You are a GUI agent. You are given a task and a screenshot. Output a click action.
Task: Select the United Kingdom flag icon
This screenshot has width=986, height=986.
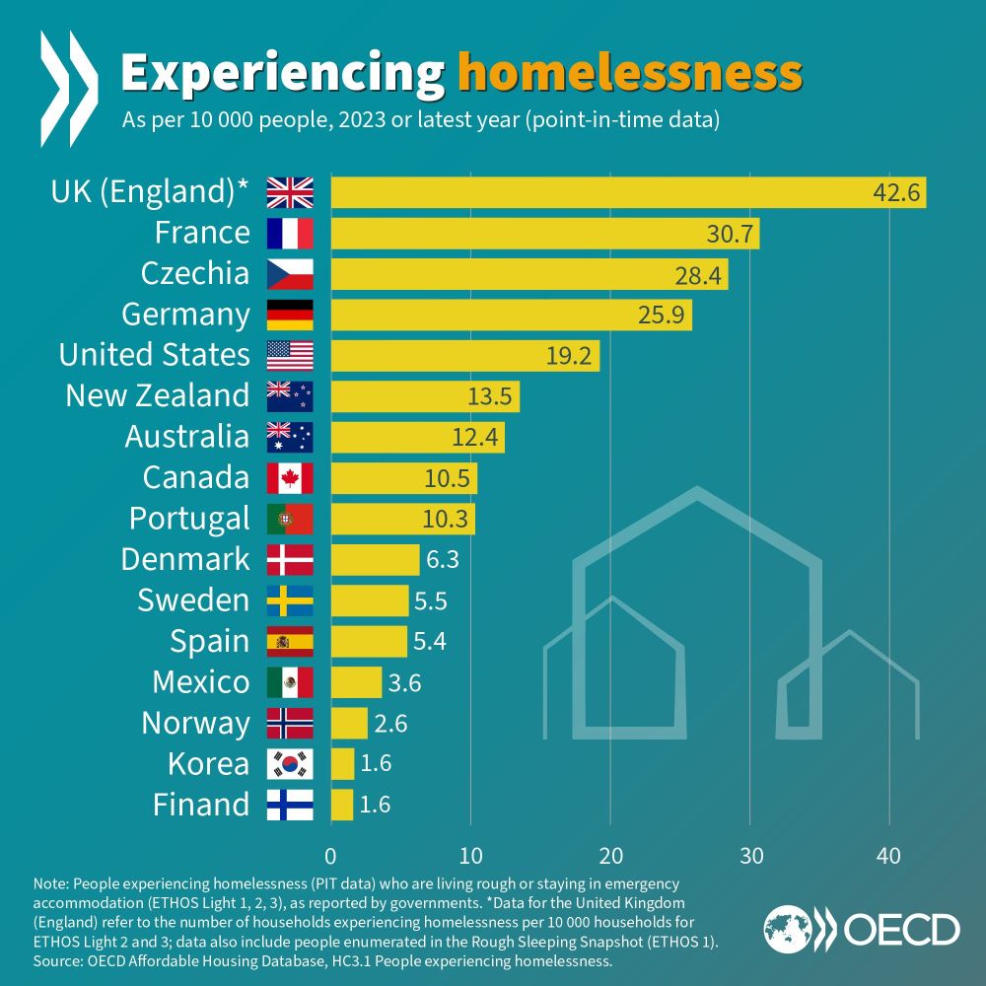click(x=290, y=192)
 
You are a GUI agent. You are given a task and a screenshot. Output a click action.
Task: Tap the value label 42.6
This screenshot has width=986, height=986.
click(x=896, y=192)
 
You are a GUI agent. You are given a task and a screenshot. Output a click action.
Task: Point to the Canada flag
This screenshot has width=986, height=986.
click(x=290, y=478)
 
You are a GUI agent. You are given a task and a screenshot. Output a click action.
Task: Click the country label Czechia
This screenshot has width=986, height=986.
click(x=195, y=273)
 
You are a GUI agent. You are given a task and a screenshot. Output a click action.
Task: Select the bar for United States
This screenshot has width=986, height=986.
click(x=464, y=355)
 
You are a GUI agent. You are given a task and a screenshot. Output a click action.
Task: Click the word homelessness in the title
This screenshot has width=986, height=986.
click(x=630, y=73)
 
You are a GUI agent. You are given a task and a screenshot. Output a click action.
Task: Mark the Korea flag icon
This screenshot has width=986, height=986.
click(x=290, y=764)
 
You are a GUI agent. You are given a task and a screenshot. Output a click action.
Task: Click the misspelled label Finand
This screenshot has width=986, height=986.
click(x=201, y=805)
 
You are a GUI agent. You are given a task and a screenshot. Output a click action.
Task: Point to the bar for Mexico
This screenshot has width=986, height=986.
click(x=356, y=682)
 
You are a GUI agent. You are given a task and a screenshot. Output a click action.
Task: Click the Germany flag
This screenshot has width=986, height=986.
click(x=290, y=315)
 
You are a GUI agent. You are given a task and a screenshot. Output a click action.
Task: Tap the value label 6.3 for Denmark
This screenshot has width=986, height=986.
click(x=443, y=560)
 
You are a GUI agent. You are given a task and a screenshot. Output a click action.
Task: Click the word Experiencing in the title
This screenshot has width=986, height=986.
click(x=282, y=73)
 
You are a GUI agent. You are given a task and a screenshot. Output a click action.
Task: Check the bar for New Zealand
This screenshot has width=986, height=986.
click(x=425, y=396)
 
